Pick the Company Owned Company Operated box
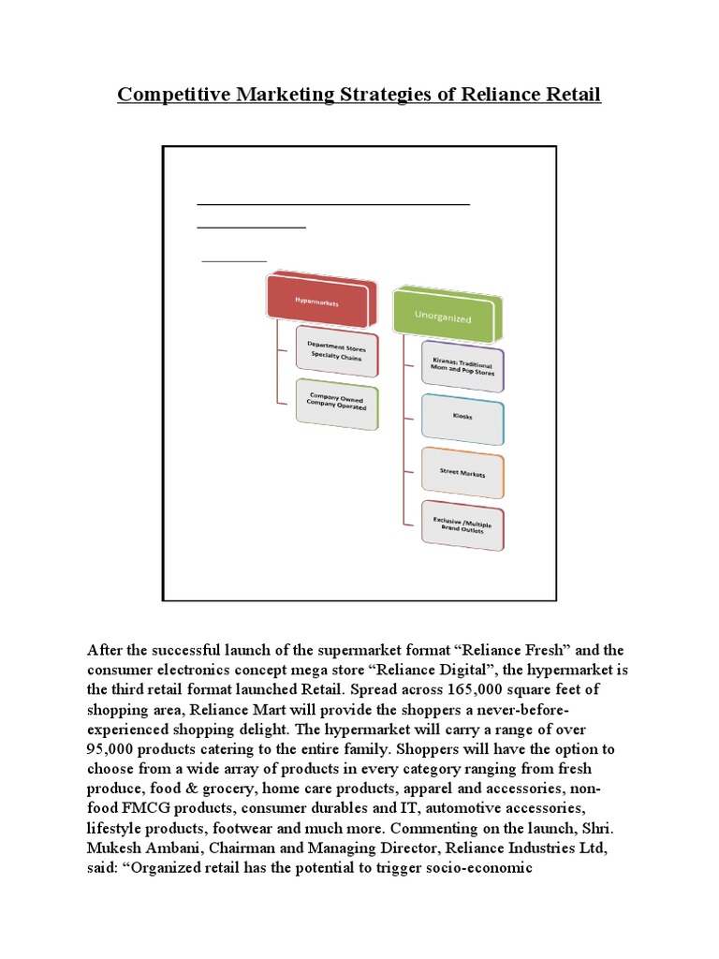(336, 404)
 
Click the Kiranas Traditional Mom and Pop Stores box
(462, 366)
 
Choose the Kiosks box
(462, 417)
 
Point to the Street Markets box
(462, 474)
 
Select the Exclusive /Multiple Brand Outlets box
(462, 527)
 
